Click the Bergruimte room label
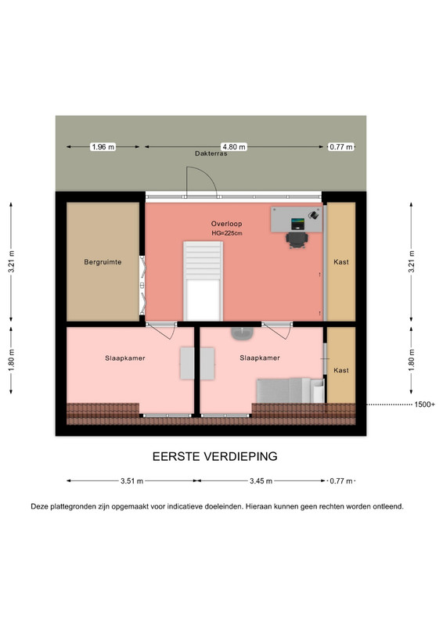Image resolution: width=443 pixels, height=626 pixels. [x=103, y=262]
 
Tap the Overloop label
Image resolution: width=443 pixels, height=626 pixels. [x=226, y=224]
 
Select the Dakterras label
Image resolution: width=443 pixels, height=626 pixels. [x=211, y=153]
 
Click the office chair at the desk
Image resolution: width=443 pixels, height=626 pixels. [x=297, y=240]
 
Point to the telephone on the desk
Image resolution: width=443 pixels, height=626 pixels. [x=314, y=214]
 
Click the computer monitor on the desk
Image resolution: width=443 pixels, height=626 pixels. [x=297, y=224]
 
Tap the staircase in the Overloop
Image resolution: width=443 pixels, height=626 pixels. [x=203, y=281]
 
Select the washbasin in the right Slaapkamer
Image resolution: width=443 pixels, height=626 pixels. [x=242, y=333]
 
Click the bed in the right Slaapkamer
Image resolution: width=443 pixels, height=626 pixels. [x=290, y=390]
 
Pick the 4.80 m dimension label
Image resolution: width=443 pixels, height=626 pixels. [x=234, y=147]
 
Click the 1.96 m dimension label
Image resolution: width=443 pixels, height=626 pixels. [x=103, y=147]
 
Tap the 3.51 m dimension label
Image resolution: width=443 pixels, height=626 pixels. [x=131, y=481]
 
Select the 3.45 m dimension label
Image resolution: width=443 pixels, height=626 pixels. [x=261, y=481]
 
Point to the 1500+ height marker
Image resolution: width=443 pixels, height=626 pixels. [x=425, y=405]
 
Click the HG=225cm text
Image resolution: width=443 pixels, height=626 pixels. [x=227, y=233]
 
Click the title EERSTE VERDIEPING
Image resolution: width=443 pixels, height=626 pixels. [x=215, y=456]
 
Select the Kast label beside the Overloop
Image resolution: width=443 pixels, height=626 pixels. [x=341, y=262]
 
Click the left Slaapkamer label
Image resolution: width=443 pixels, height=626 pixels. [x=125, y=358]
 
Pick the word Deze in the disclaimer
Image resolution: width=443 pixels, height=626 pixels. [x=39, y=506]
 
